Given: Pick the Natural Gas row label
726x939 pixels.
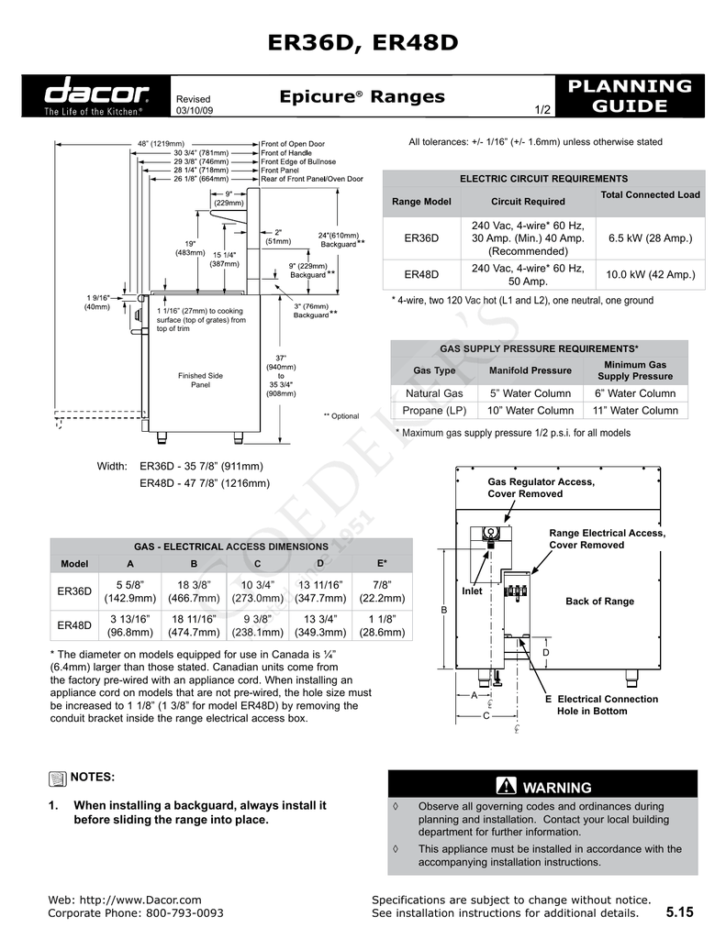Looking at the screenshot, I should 434,393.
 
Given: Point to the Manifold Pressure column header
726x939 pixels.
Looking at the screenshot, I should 530,370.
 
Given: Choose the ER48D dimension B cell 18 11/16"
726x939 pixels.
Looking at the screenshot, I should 194,625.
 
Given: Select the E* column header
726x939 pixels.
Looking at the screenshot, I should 382,563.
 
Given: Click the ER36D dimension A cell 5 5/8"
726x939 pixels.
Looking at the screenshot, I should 130,591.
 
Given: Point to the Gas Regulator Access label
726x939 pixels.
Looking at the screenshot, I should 541,488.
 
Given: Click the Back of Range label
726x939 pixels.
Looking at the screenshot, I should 599,602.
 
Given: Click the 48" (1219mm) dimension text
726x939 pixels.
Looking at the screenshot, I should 161,144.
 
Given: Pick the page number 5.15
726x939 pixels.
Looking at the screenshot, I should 680,912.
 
